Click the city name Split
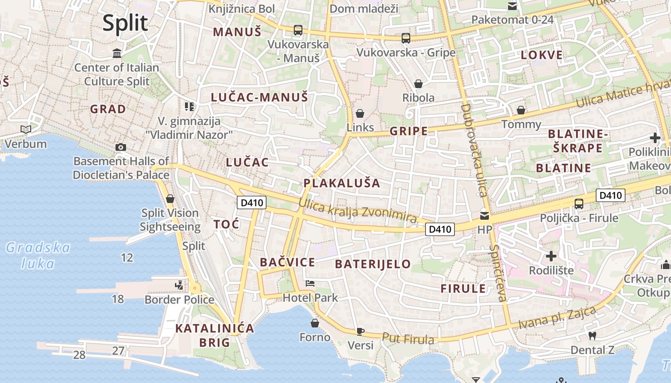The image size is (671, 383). (x=125, y=23)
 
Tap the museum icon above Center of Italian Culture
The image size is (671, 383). (x=116, y=53)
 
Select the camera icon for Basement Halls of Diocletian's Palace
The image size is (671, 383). (x=121, y=147)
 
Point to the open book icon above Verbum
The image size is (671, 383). (x=26, y=129)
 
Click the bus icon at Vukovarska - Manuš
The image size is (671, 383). (x=298, y=30)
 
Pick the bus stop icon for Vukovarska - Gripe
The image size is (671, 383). (x=405, y=38)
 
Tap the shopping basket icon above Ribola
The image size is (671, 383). (x=418, y=84)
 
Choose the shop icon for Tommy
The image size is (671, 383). (x=521, y=111)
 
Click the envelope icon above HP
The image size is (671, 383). (x=485, y=215)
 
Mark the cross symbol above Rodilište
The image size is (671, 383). (x=551, y=256)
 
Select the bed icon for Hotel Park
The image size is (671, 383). (x=310, y=283)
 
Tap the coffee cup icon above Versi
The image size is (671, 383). (x=360, y=331)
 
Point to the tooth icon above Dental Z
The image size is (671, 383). (x=592, y=336)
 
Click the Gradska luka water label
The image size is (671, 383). (x=38, y=255)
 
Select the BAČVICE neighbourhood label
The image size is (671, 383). (x=287, y=262)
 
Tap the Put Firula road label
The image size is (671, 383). (x=408, y=338)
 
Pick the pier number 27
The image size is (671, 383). (x=118, y=350)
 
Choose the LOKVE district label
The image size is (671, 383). (x=542, y=55)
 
